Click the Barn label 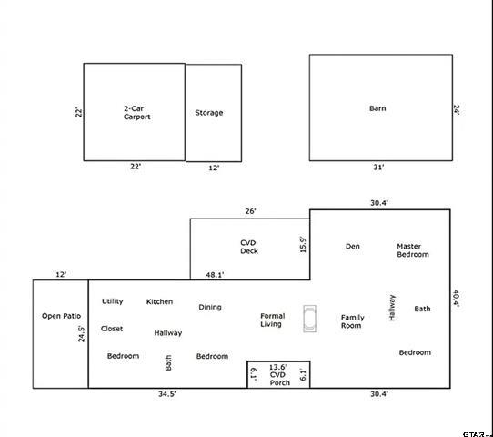pyautogui.click(x=377, y=108)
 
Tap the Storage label pyautogui.click(x=208, y=113)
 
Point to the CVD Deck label pyautogui.click(x=249, y=246)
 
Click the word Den pyautogui.click(x=353, y=246)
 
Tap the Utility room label pyautogui.click(x=113, y=301)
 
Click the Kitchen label pyautogui.click(x=159, y=301)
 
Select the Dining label pyautogui.click(x=210, y=307)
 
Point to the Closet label pyautogui.click(x=112, y=329)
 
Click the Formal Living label pyautogui.click(x=272, y=320)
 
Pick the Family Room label pyautogui.click(x=352, y=321)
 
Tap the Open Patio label pyautogui.click(x=60, y=316)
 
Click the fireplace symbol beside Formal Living pyautogui.click(x=311, y=317)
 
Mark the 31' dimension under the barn pyautogui.click(x=377, y=168)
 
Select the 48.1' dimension pyautogui.click(x=216, y=274)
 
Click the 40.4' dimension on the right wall pyautogui.click(x=457, y=298)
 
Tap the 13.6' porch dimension pyautogui.click(x=278, y=367)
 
